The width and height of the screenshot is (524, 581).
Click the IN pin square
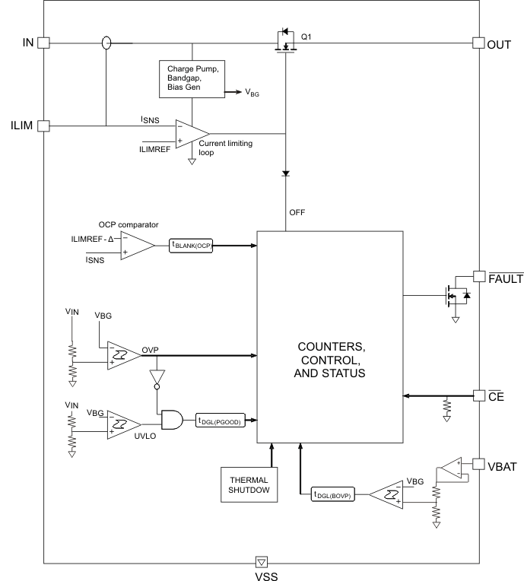click(x=43, y=43)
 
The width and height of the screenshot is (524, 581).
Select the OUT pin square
click(x=478, y=43)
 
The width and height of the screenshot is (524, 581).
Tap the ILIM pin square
click(x=43, y=125)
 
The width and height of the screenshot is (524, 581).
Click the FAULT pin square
click(x=478, y=277)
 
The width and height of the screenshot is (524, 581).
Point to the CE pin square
click(x=478, y=395)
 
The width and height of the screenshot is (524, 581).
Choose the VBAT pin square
click(x=478, y=463)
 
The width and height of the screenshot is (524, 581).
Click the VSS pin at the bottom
click(x=262, y=562)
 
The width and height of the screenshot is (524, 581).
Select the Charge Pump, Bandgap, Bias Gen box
click(x=191, y=79)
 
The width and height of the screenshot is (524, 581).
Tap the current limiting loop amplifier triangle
click(x=186, y=135)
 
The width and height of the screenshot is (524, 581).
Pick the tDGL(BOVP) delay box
click(x=338, y=494)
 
